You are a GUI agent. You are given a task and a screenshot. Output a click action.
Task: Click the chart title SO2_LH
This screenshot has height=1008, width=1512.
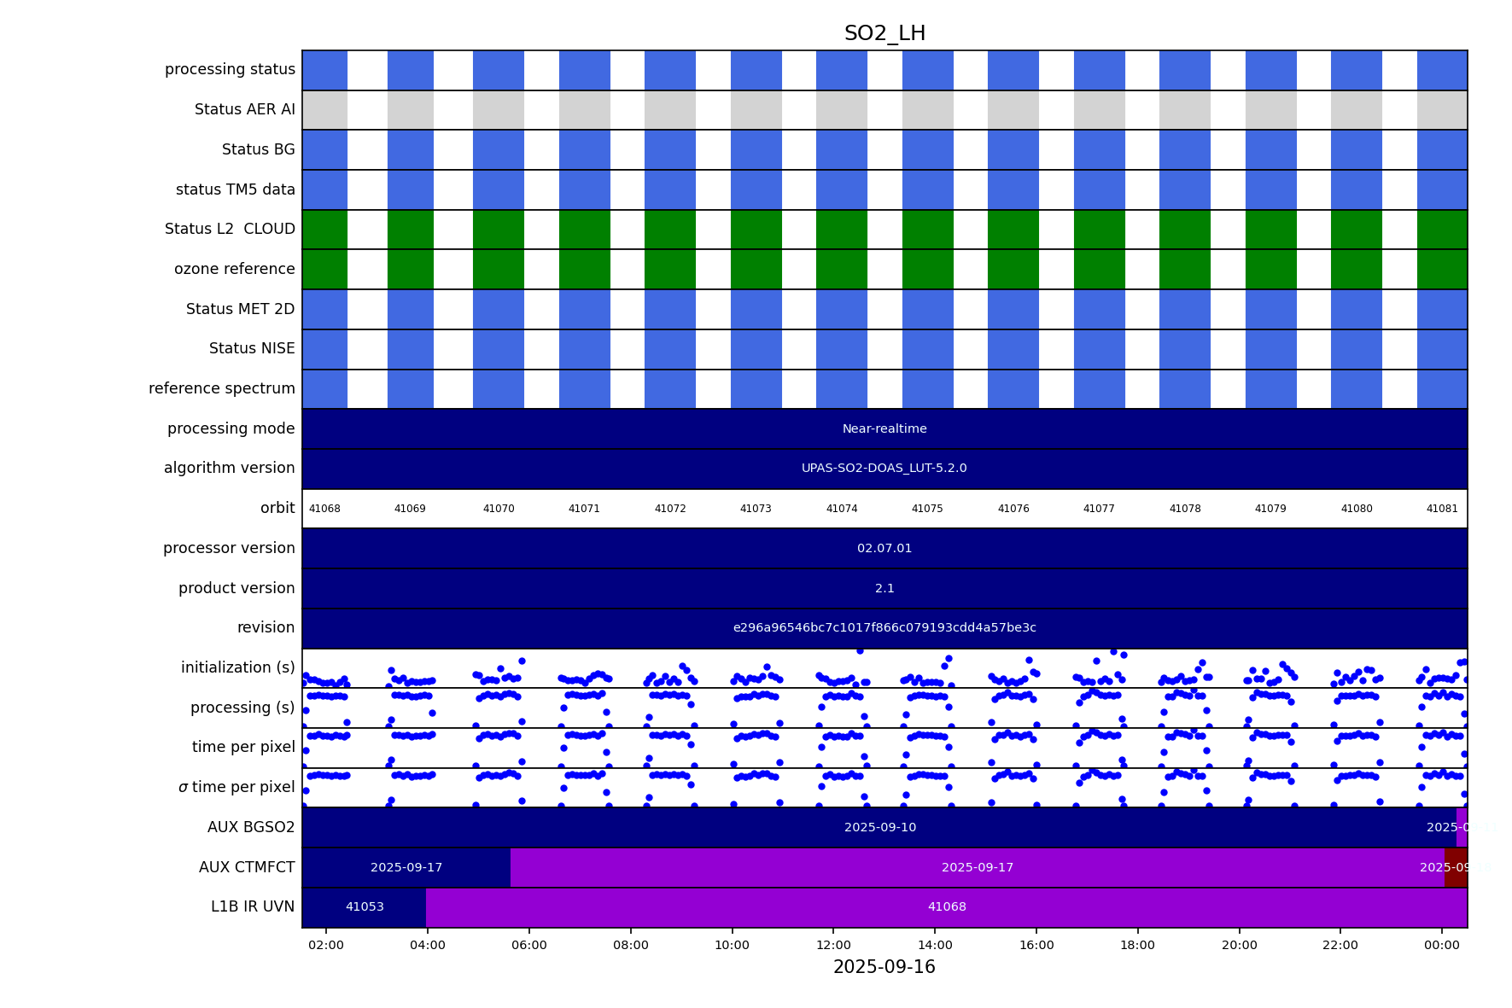[x=884, y=34]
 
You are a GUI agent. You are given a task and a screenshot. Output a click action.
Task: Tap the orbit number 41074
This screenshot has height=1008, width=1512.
[x=841, y=509]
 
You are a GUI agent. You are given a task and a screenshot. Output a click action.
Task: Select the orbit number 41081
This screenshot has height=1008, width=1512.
[x=1441, y=509]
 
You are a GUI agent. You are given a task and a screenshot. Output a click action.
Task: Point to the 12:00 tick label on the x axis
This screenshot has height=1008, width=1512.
[x=833, y=945]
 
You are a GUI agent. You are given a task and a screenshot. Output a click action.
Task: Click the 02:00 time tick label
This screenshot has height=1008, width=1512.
[x=326, y=945]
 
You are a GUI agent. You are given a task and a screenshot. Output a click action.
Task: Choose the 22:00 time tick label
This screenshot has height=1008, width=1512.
[x=1340, y=945]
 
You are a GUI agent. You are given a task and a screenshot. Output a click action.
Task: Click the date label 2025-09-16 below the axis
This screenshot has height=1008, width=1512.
[x=884, y=967]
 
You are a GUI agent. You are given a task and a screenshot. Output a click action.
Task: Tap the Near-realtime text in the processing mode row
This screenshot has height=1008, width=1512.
[x=884, y=428]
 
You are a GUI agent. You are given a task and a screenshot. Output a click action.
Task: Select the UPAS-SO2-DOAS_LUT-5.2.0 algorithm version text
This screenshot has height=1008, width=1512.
[x=884, y=469]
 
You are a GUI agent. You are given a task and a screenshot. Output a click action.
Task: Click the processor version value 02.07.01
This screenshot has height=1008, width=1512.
[x=884, y=548]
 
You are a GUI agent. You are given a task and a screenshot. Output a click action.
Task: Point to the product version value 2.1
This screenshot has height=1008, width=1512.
[x=884, y=588]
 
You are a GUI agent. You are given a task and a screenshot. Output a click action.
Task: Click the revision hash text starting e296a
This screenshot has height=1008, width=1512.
[x=884, y=628]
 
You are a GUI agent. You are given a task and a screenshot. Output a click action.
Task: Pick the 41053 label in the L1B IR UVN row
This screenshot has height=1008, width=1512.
[x=365, y=907]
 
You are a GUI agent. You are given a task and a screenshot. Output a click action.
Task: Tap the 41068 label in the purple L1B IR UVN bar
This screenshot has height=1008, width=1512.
[x=947, y=907]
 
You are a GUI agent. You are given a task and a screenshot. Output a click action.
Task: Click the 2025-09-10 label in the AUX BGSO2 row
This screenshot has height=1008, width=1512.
[x=880, y=827]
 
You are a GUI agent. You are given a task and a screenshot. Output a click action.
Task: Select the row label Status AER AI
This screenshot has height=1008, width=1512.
[x=244, y=109]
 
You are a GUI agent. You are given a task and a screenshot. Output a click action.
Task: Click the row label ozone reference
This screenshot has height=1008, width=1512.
[x=234, y=269]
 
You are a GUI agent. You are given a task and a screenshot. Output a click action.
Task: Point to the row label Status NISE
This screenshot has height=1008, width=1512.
[x=252, y=348]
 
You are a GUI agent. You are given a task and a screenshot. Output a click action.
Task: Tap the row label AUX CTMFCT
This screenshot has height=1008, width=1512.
[x=247, y=867]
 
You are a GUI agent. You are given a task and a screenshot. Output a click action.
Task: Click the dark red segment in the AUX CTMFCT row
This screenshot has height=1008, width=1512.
[x=1456, y=867]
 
